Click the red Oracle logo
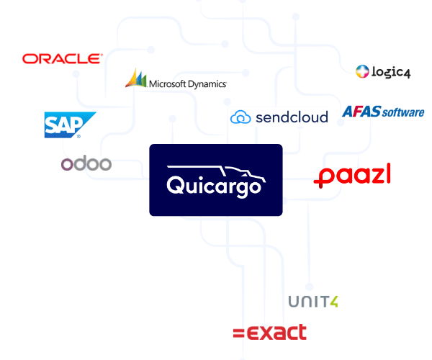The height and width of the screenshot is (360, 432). [63, 58]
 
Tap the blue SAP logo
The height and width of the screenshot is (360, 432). [70, 125]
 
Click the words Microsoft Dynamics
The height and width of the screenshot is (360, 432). [188, 84]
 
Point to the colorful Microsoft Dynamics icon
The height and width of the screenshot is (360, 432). [136, 78]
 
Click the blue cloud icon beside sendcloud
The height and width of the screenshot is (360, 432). [240, 117]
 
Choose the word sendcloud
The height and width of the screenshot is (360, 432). [292, 117]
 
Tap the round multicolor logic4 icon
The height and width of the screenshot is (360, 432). [362, 71]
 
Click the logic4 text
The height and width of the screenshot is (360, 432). [391, 72]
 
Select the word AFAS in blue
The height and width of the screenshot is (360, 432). [361, 112]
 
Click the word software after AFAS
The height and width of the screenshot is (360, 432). [403, 112]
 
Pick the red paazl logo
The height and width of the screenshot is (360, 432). [352, 176]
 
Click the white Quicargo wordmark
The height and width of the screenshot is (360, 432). [214, 186]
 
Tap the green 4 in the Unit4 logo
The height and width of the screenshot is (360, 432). [333, 302]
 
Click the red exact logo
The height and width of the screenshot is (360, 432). [269, 332]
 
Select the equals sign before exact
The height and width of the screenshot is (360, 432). [238, 333]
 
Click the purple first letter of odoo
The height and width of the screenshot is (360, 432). [67, 164]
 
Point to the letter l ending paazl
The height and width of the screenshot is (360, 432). [388, 173]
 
